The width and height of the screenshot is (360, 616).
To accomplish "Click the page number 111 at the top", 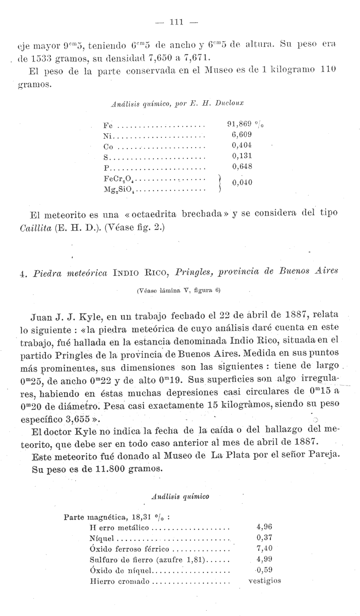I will point(180,22).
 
